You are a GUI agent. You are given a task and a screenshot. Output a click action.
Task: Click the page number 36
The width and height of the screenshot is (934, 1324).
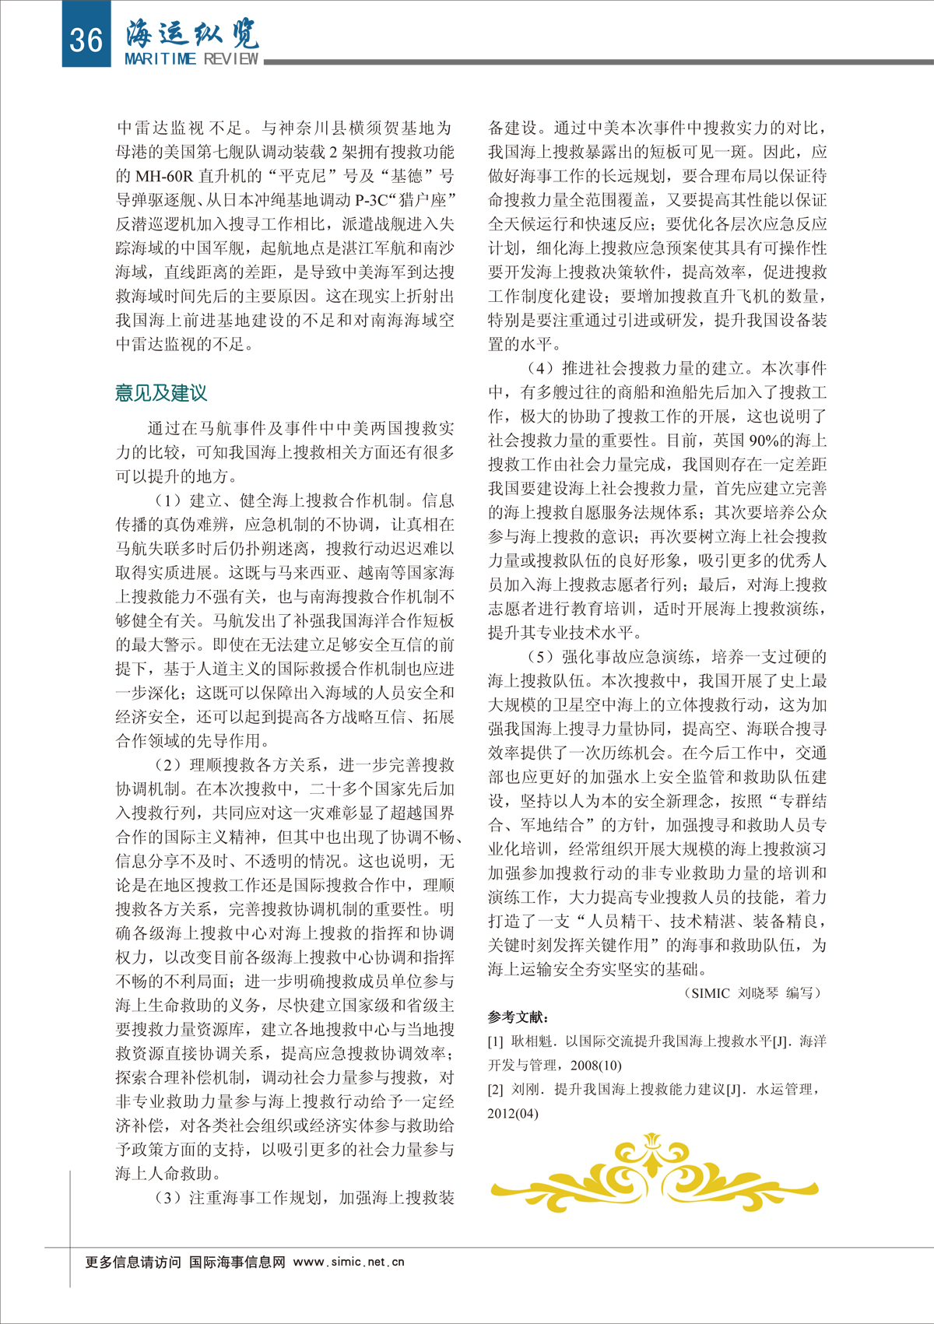tap(86, 39)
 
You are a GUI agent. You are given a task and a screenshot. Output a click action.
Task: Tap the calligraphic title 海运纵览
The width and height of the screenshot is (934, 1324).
tap(192, 33)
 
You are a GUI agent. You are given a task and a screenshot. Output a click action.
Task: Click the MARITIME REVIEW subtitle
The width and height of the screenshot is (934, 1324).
tap(191, 59)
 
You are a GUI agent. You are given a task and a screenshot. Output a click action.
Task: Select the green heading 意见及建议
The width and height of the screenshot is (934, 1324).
tap(161, 393)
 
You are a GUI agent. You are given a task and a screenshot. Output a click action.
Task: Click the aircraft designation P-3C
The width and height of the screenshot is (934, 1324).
tap(371, 200)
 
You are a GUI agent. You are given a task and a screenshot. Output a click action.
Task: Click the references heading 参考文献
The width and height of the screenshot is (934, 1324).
tap(518, 1017)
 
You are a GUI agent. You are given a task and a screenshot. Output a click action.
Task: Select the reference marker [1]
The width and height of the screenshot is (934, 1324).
tap(496, 1041)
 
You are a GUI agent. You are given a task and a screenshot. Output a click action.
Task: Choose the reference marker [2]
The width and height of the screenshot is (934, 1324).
tap(496, 1090)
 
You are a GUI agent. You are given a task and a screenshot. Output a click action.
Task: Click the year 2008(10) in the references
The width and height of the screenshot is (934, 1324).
tap(595, 1066)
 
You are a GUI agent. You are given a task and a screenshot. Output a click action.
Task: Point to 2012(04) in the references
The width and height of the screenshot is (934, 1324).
tap(513, 1114)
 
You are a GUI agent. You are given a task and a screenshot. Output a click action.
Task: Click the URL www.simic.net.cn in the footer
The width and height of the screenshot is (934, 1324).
tap(349, 1262)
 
